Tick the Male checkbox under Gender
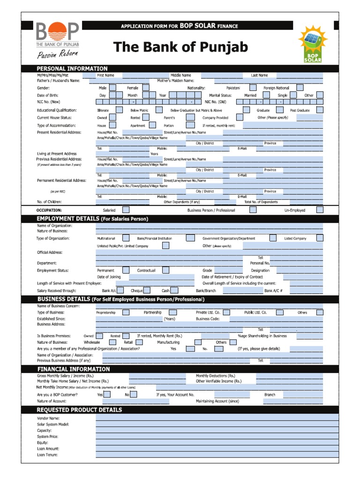[113, 88]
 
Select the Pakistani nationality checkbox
[253, 88]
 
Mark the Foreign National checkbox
[300, 88]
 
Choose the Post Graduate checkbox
[319, 110]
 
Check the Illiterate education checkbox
[113, 110]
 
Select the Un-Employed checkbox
[319, 210]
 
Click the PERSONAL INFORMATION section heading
[72, 68]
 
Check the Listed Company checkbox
[319, 238]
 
